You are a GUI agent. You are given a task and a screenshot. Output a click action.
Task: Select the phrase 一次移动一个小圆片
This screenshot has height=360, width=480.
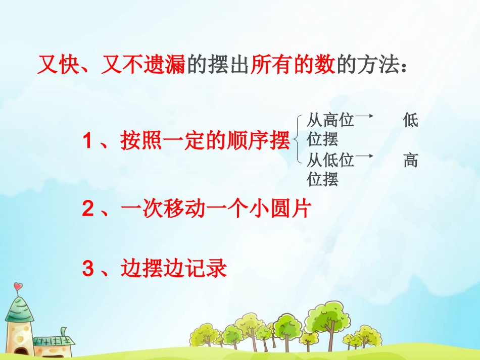(x=215, y=209)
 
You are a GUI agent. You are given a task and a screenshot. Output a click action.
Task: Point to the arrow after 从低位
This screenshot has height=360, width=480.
(x=364, y=157)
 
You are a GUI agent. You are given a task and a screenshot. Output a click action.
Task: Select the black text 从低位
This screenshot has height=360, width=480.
(x=330, y=161)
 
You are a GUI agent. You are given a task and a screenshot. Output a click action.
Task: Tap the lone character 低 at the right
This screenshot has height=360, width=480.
(x=410, y=121)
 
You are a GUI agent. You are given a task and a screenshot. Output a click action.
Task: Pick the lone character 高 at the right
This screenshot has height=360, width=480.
(x=410, y=161)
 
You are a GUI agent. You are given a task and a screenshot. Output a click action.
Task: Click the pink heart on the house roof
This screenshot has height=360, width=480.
(x=18, y=287)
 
